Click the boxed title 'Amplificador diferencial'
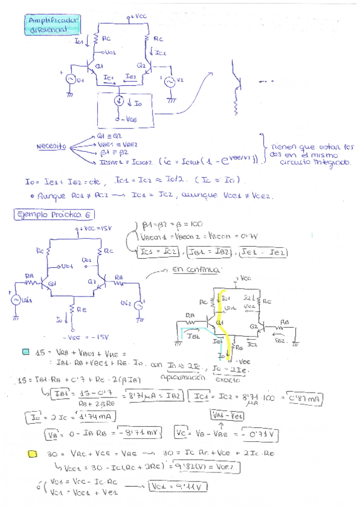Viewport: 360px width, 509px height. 53,26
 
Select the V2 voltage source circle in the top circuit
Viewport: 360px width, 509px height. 169,81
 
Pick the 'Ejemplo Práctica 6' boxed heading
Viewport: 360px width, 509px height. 53,215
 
